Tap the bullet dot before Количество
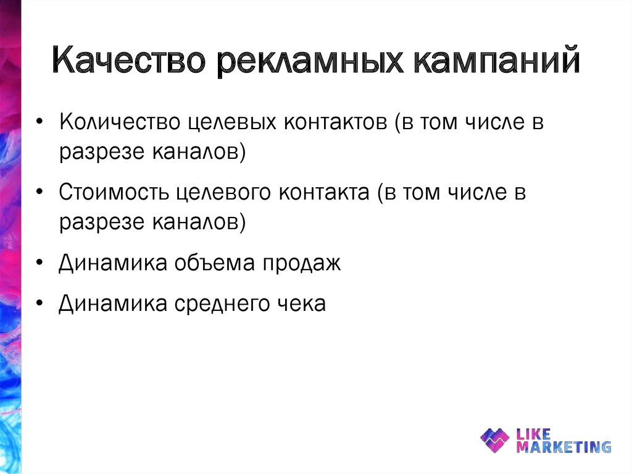point(39,123)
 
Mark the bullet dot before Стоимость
point(39,193)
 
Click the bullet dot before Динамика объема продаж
point(39,264)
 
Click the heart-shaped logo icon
point(495,440)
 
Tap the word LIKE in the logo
point(533,434)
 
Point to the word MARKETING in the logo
point(563,446)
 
